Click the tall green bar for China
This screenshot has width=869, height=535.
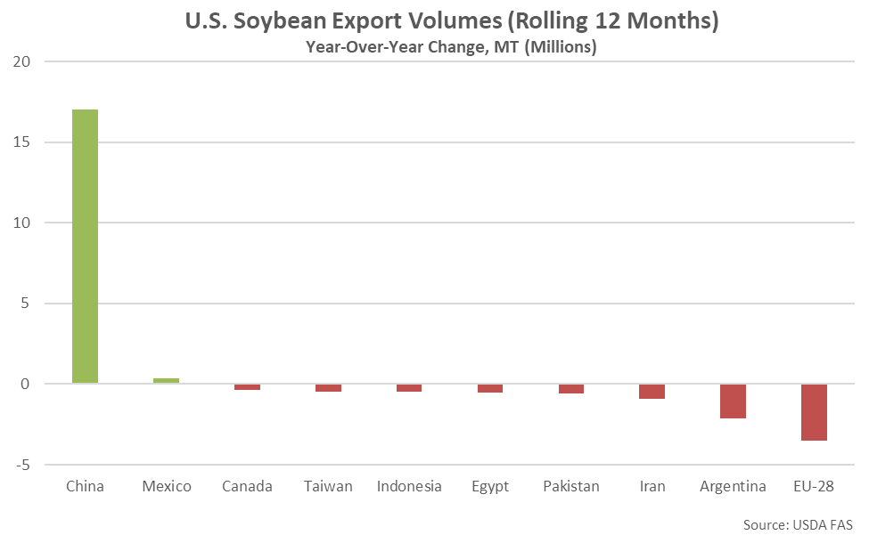click(85, 247)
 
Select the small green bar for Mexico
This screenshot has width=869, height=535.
click(166, 381)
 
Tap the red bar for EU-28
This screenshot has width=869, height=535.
click(814, 412)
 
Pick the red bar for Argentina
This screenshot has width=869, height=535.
click(733, 401)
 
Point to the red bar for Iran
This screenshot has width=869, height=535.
click(652, 392)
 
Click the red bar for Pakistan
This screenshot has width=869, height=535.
click(570, 389)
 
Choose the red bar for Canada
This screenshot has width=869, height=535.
click(247, 387)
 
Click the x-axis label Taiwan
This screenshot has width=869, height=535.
click(328, 486)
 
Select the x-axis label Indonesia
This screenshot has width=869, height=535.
click(409, 486)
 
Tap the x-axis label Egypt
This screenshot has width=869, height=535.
click(490, 486)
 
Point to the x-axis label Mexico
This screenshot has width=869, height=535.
click(167, 486)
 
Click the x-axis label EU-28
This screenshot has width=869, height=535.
click(814, 486)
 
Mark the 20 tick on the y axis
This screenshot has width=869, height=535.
click(21, 61)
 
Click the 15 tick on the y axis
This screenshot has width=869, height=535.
click(21, 142)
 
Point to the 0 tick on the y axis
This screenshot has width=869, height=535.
click(26, 385)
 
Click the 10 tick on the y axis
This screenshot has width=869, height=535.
click(21, 223)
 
